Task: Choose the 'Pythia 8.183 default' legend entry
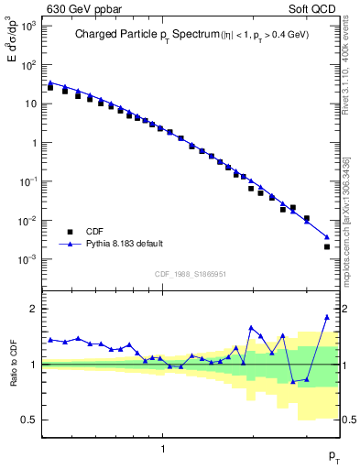point(124,244)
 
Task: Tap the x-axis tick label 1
point(163,449)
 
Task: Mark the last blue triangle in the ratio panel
point(326,317)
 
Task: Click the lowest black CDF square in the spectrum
point(327,246)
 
